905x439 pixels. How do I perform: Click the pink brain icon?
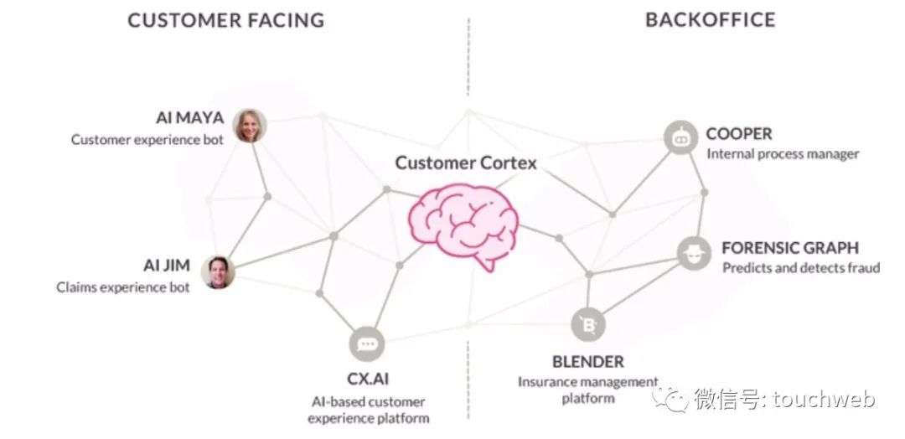(x=463, y=224)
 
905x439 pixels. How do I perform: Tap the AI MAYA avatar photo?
(x=249, y=126)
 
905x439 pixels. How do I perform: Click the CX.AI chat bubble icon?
(x=369, y=343)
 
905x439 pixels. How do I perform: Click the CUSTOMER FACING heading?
(x=225, y=20)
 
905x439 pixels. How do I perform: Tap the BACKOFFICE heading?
(x=710, y=20)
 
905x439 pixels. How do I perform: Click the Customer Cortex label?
(x=466, y=163)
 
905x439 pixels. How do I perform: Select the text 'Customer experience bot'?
(x=147, y=140)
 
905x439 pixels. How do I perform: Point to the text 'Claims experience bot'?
(x=123, y=287)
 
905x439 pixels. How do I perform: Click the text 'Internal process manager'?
(x=783, y=154)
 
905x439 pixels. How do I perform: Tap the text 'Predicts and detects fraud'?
(x=801, y=268)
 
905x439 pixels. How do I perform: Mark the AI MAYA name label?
(x=189, y=118)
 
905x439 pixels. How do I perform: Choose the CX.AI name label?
(x=369, y=380)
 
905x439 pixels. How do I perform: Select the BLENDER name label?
(x=587, y=362)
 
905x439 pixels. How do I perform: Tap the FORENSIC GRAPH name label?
(x=790, y=248)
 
